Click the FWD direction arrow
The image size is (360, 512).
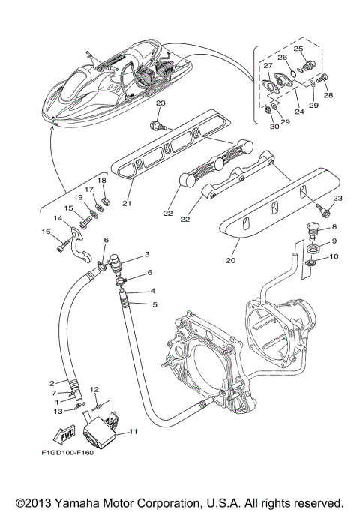coord(64,434)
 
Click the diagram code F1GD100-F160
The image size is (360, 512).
coord(67,453)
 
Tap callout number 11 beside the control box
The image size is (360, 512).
coord(133,431)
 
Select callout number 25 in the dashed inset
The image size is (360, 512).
coord(298,49)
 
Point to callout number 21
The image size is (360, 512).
coord(127,203)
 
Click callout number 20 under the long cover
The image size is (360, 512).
coord(231,260)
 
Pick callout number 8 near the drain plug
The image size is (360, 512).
coord(334,226)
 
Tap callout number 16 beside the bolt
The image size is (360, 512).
coord(46,232)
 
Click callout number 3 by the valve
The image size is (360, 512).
coord(147,254)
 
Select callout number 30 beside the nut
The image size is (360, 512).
coord(274,127)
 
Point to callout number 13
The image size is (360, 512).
coord(58,411)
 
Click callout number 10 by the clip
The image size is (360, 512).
coord(334,256)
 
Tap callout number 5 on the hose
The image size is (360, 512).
coord(154,304)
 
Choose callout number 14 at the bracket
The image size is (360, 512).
coord(58,218)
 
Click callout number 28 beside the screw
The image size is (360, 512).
coord(328,95)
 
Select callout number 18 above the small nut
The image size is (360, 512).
coord(102,180)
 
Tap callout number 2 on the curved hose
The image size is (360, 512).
coord(52,383)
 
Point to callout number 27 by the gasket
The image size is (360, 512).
coord(268,66)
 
